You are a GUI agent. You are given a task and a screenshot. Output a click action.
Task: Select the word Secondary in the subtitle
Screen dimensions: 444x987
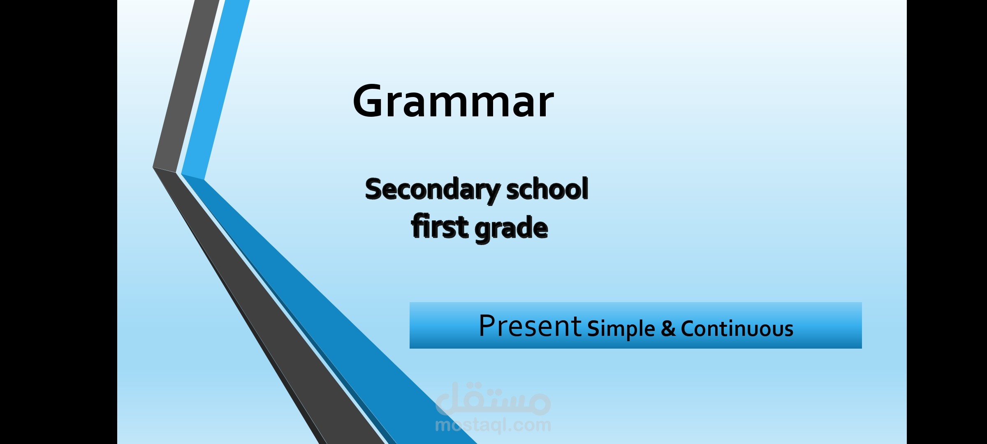pyautogui.click(x=432, y=190)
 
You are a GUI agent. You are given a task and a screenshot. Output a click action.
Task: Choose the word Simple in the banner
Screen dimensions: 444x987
pyautogui.click(x=621, y=328)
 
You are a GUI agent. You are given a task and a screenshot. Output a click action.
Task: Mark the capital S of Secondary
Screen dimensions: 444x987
pyautogui.click(x=374, y=190)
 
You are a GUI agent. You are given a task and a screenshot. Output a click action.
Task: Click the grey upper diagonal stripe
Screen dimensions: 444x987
pyautogui.click(x=185, y=82)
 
